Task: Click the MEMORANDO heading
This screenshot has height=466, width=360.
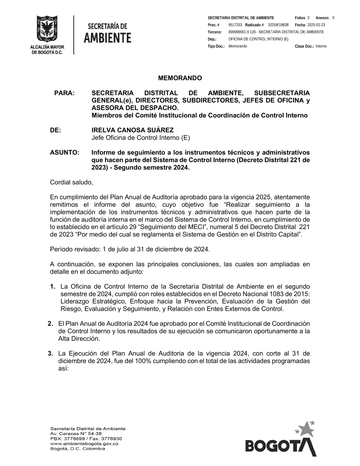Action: (x=180, y=78)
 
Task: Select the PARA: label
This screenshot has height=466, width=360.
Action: (x=64, y=93)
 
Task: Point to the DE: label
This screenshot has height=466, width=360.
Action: (x=55, y=130)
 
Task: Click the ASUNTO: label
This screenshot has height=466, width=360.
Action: (x=64, y=153)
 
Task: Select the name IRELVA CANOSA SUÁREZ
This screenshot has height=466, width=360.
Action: (x=132, y=130)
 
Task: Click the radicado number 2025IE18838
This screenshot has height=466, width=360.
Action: (x=278, y=25)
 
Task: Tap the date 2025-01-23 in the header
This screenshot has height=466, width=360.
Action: (x=316, y=25)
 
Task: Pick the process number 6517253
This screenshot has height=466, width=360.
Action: (x=235, y=25)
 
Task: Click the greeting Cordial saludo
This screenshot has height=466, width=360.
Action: (x=71, y=183)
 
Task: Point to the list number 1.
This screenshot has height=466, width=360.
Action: (x=53, y=287)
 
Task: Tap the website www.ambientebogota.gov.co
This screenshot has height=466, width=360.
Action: (x=84, y=444)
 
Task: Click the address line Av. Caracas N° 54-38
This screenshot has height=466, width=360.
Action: (x=76, y=434)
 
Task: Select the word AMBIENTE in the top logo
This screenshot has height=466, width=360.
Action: (x=107, y=38)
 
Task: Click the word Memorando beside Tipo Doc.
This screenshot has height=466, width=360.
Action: (x=238, y=46)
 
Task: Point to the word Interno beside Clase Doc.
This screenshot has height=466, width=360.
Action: (x=321, y=46)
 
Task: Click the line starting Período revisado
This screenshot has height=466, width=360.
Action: (x=130, y=249)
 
